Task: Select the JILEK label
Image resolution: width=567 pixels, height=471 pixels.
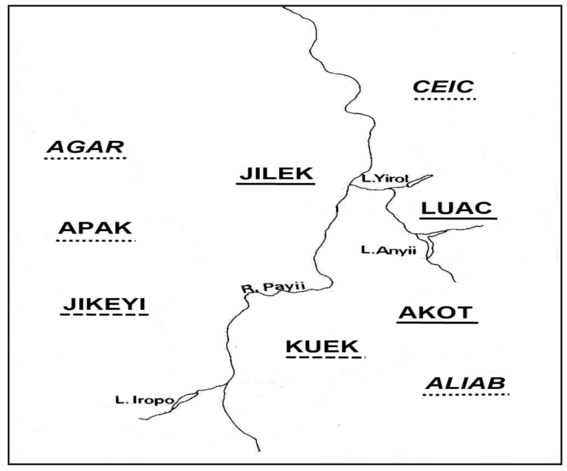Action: tap(275, 173)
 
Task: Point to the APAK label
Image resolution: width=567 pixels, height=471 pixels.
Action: tap(95, 229)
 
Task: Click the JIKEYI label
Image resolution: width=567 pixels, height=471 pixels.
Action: tap(104, 303)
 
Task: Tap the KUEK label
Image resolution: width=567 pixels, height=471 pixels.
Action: tap(322, 346)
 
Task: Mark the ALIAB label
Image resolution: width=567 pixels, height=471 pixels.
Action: tap(466, 383)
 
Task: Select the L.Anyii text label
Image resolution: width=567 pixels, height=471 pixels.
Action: tap(389, 251)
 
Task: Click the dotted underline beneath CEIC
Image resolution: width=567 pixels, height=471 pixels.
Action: tap(444, 98)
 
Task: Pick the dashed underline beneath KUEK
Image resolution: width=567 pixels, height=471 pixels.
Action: tap(325, 358)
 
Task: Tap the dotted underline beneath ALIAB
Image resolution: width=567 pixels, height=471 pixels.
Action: tap(467, 396)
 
